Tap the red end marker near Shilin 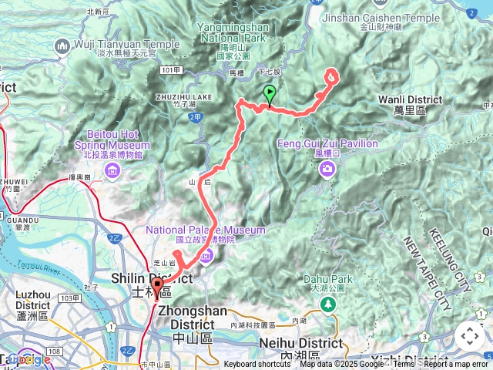pos(158,288)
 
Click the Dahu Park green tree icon pos(330,304)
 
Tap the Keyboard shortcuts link pos(257,365)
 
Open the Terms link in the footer pos(404,365)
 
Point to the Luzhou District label pos(32,299)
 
